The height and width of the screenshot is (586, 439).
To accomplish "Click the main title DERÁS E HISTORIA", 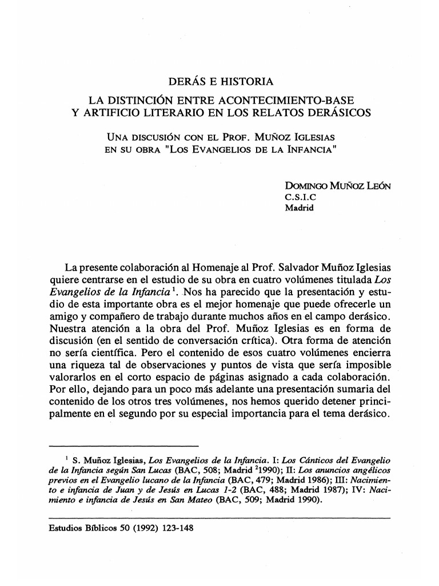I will pyautogui.click(x=221, y=82).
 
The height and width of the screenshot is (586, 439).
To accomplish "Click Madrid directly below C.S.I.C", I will pyautogui.click(x=300, y=208).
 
